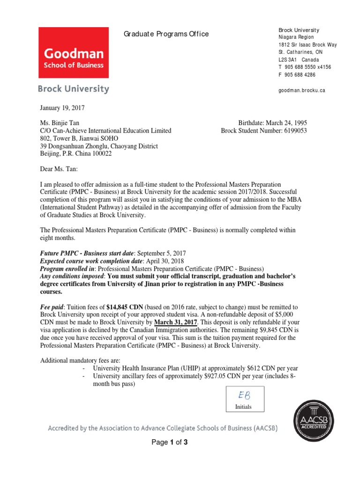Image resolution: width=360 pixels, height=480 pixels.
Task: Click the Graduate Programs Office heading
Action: [x=166, y=34]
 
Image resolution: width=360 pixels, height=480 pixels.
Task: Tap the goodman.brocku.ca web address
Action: [x=301, y=90]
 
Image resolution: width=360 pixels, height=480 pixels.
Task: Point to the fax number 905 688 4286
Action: [x=300, y=75]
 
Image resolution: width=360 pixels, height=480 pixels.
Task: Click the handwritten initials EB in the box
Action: [x=243, y=396]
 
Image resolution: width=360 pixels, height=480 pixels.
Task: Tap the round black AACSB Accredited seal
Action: [x=314, y=416]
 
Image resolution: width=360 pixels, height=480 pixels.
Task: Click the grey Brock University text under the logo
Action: [x=73, y=89]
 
